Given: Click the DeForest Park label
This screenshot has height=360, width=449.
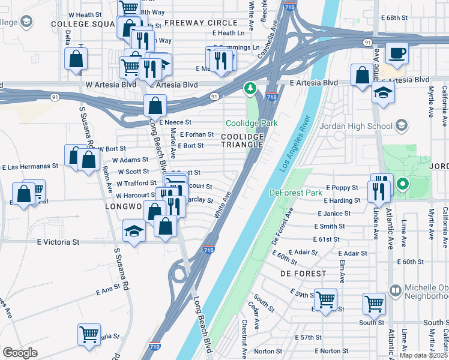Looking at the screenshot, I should [296, 193].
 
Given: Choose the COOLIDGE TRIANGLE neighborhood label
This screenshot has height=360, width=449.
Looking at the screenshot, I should [243, 140].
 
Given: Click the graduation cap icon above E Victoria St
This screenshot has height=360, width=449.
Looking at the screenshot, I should [134, 231].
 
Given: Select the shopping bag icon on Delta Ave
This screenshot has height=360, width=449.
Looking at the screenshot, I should [76, 59].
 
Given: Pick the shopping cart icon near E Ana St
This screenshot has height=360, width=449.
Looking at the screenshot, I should [89, 334].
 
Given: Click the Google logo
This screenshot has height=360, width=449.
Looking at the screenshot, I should [20, 353].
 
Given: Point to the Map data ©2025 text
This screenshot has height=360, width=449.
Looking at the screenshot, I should [423, 355].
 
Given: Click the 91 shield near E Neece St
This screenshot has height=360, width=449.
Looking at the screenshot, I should [214, 97].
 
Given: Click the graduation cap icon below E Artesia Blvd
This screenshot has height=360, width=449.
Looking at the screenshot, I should [383, 93].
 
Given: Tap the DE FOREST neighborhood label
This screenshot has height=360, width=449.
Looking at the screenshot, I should [303, 273].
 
